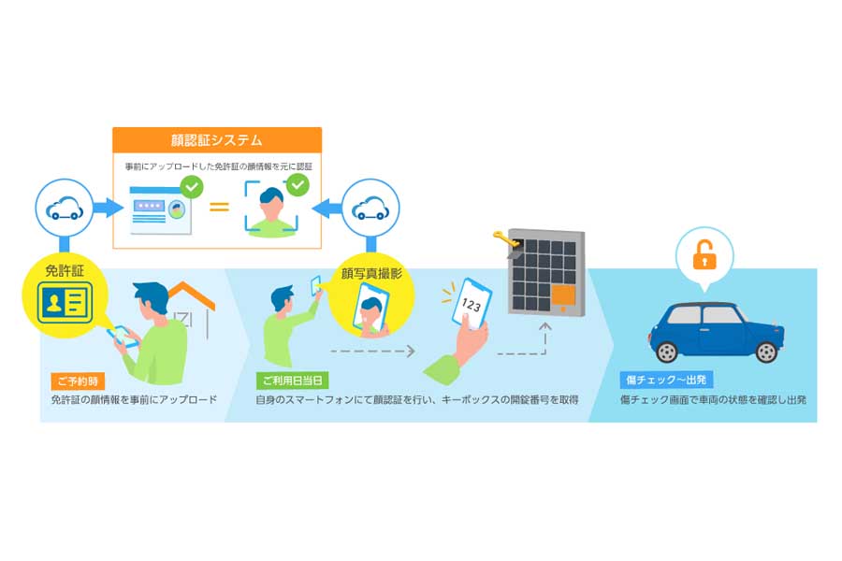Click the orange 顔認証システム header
pyautogui.click(x=217, y=140)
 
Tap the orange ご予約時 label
pyautogui.click(x=78, y=381)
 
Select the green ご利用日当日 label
pyautogui.click(x=291, y=381)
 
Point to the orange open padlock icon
pyautogui.click(x=704, y=255)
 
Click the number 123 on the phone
pyautogui.click(x=472, y=305)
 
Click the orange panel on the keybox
pyautogui.click(x=563, y=295)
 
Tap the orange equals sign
pyautogui.click(x=219, y=206)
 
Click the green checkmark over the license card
pyautogui.click(x=192, y=187)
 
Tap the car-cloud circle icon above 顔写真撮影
pyautogui.click(x=370, y=208)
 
